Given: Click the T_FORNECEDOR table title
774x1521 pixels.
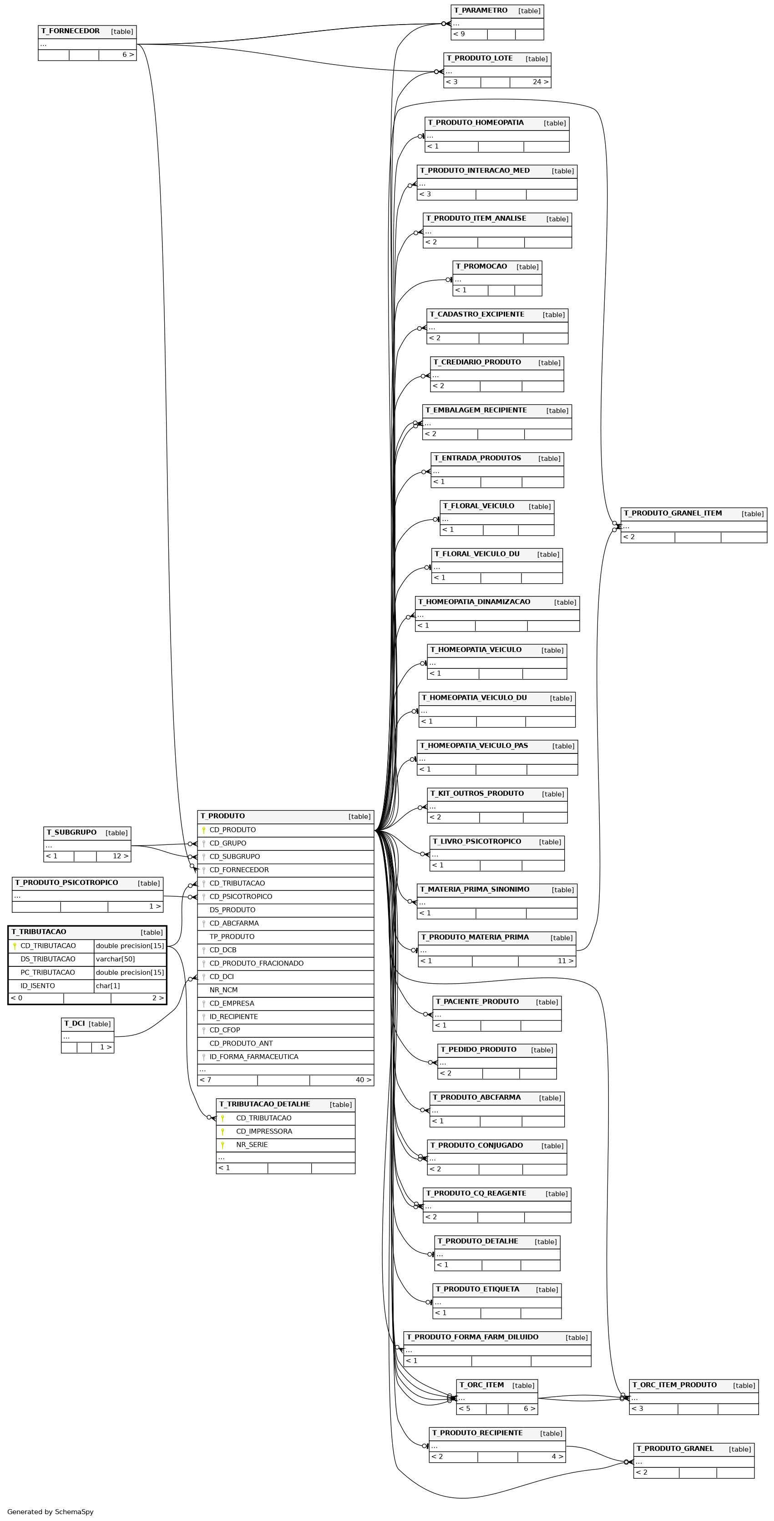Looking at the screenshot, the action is [x=70, y=31].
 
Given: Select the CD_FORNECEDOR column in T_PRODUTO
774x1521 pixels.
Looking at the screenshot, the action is [x=239, y=870].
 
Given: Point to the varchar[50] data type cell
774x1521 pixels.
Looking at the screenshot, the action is [x=115, y=959].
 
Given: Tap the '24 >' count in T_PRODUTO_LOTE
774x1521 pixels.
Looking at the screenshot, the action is [x=541, y=82].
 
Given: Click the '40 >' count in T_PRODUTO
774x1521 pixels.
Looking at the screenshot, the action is [x=364, y=1080].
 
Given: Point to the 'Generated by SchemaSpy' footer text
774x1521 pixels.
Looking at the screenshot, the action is [x=50, y=1511].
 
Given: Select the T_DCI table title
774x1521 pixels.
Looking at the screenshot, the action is [x=74, y=1023].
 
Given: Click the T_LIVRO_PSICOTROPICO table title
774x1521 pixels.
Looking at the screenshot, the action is [x=476, y=841].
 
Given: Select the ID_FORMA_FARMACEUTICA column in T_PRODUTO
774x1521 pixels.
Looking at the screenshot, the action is [x=254, y=1057].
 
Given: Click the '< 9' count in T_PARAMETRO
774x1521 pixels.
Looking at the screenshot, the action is [x=459, y=34].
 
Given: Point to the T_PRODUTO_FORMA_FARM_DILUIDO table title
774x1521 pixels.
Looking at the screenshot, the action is [x=472, y=1337].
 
